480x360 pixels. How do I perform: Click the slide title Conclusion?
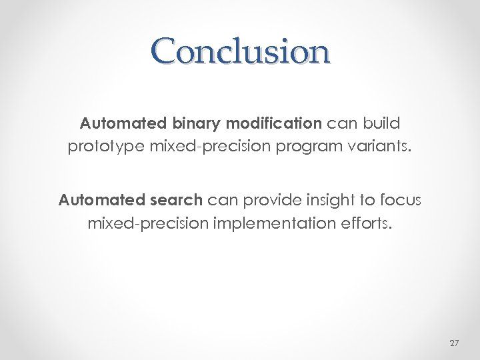click(240, 51)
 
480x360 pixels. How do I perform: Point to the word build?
click(381, 123)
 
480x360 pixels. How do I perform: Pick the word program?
click(297, 146)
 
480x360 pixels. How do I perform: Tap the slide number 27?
click(455, 343)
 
